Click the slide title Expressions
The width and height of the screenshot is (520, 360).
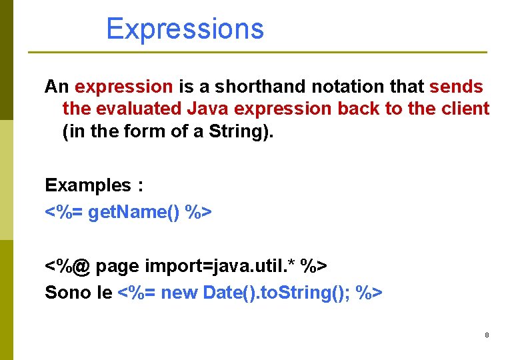click(185, 29)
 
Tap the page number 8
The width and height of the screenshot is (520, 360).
click(487, 335)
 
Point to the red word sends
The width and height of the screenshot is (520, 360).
click(457, 87)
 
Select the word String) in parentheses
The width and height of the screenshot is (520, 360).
click(241, 131)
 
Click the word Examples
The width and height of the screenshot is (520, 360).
click(87, 185)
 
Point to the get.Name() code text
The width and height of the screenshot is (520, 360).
click(134, 212)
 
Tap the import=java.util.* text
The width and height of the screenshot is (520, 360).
click(219, 266)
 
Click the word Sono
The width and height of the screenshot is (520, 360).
click(68, 293)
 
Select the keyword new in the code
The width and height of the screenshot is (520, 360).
click(179, 293)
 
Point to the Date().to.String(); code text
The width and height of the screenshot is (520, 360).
click(277, 293)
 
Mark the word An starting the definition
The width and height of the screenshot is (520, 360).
click(57, 87)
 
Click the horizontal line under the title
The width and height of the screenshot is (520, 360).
click(257, 52)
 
